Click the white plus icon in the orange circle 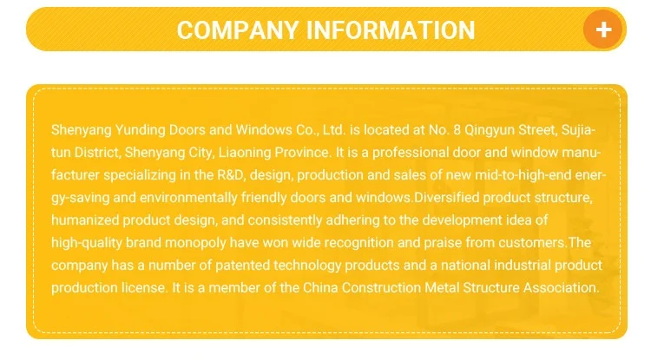click(x=604, y=29)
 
